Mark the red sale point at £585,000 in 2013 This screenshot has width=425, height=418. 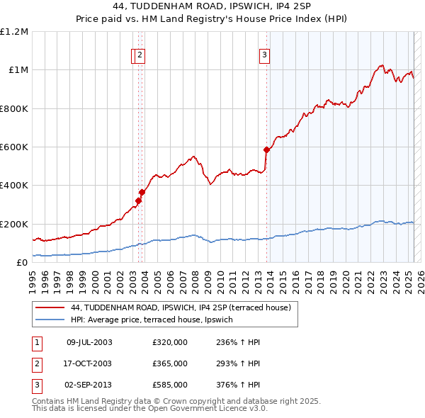[266, 149]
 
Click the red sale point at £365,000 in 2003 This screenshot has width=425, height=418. [142, 192]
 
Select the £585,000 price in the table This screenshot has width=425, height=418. [170, 385]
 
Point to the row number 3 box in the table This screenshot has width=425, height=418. [36, 385]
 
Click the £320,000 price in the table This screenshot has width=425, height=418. [170, 342]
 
